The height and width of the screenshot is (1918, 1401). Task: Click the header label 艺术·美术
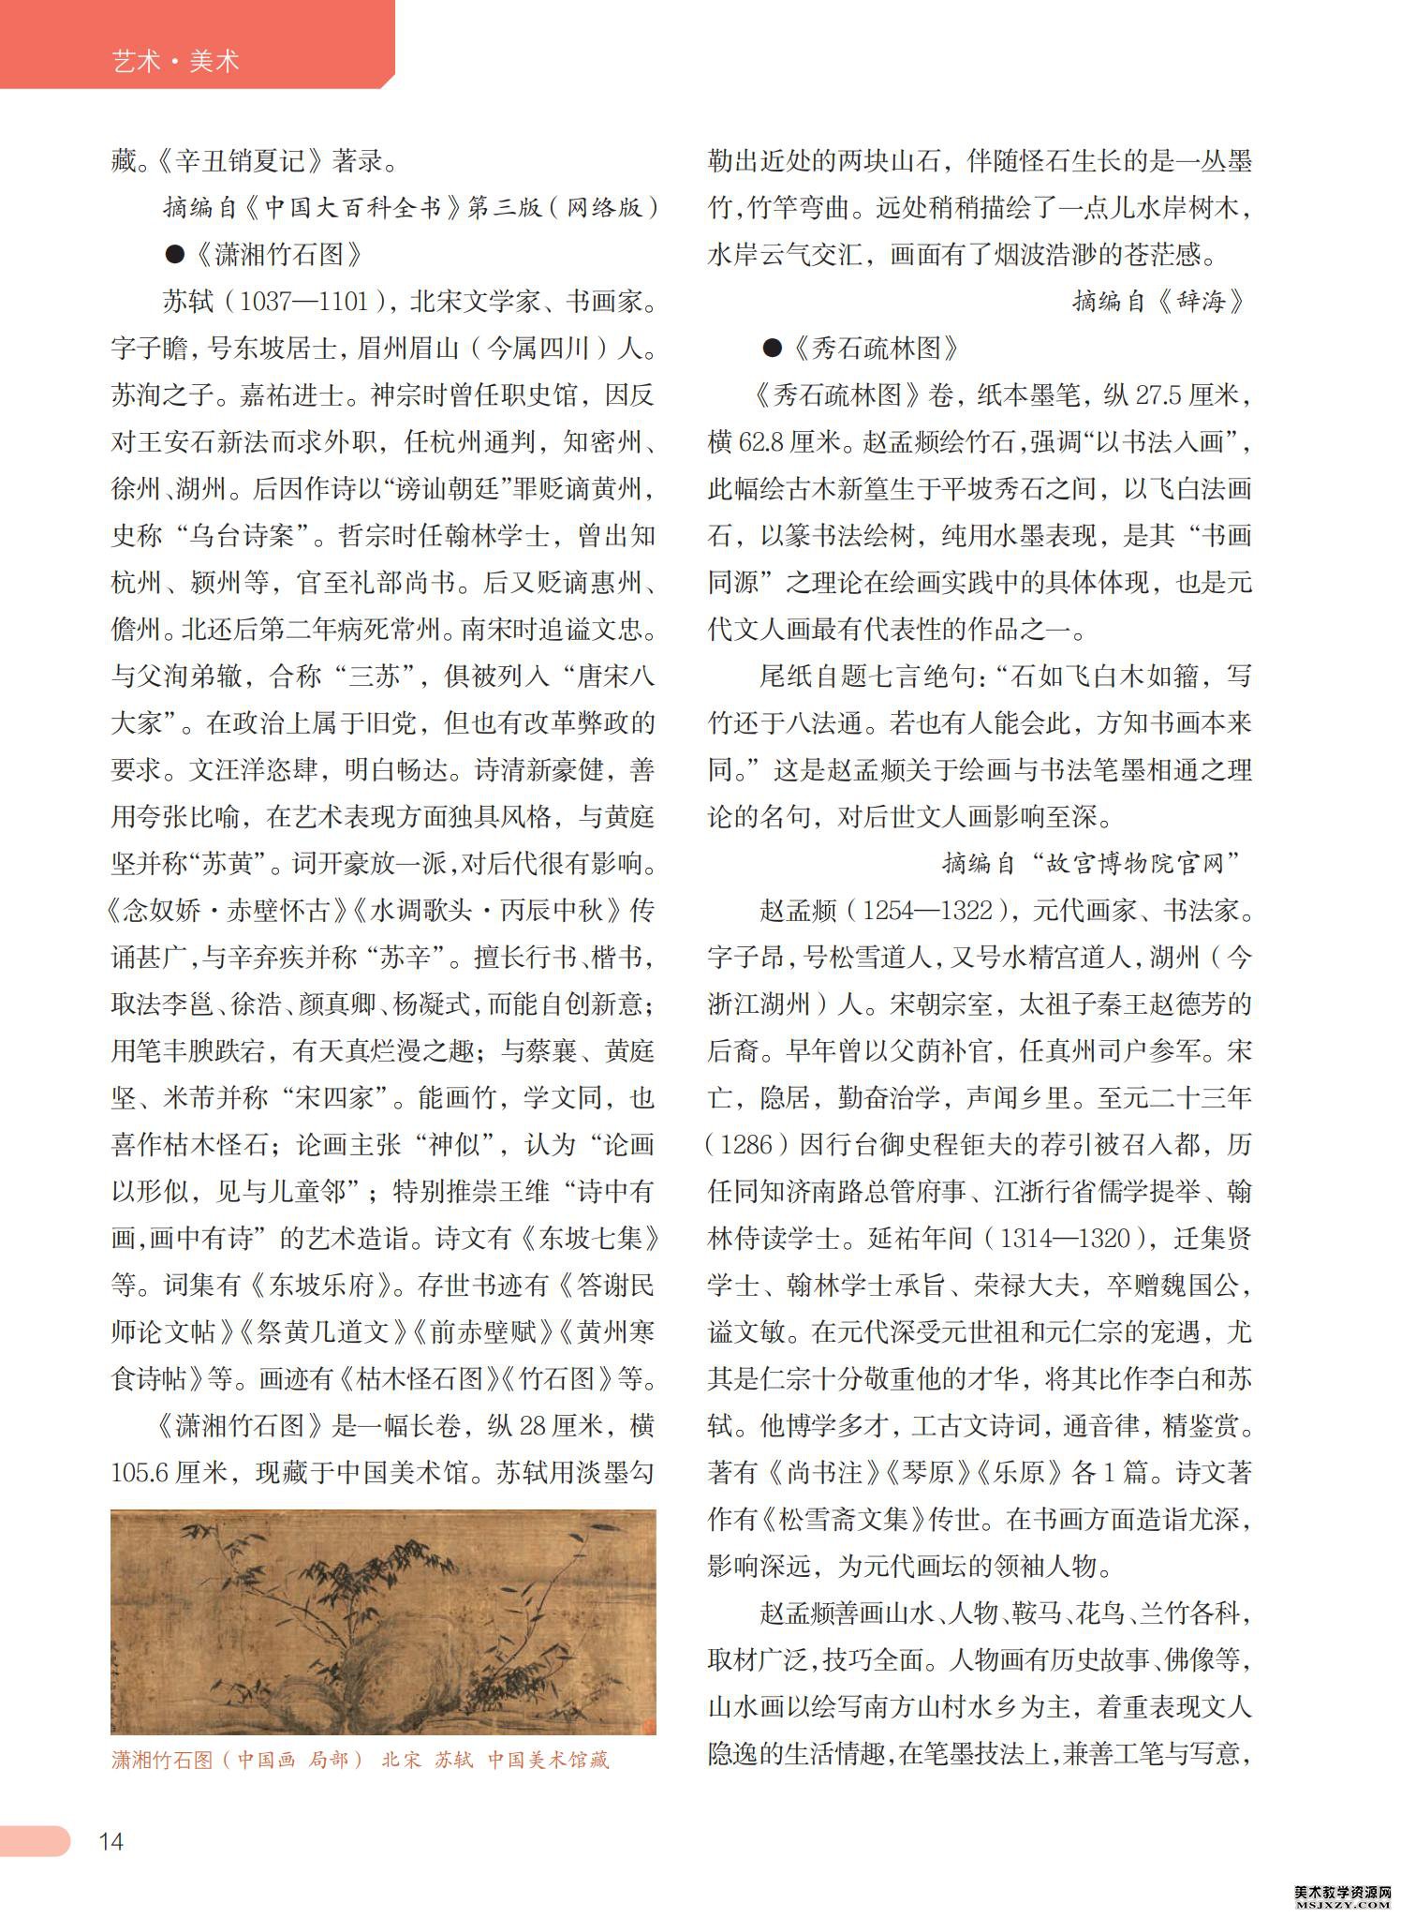[175, 62]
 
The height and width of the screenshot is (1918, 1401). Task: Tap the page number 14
[111, 1841]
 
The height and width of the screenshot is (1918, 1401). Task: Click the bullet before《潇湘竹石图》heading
[173, 254]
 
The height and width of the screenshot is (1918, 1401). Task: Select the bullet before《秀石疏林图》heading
[772, 349]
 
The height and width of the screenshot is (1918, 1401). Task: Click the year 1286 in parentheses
[747, 1145]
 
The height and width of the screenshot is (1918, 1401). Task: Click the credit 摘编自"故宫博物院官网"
[1091, 864]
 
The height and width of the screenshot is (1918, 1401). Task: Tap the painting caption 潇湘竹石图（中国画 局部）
[238, 1760]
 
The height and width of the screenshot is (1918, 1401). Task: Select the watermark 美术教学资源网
[1345, 1891]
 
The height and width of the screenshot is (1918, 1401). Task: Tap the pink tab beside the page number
[35, 1840]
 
